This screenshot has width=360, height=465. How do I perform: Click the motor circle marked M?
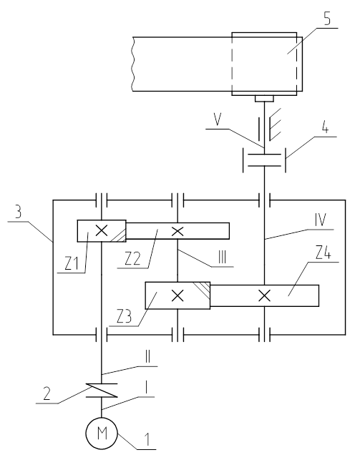102,434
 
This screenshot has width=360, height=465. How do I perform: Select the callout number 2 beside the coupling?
47,393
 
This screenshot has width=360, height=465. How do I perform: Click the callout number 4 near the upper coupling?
326,128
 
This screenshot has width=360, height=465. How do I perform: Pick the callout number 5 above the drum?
327,19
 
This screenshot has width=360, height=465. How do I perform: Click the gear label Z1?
72,264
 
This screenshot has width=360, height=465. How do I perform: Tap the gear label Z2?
132,258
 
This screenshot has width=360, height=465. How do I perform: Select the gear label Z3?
124,317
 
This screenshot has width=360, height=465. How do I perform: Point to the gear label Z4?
323,253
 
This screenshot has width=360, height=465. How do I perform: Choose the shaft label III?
222,258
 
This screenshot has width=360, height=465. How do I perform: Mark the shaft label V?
218,119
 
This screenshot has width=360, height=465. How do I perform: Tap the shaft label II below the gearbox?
147,358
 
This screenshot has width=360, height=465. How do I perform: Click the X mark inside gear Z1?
102,230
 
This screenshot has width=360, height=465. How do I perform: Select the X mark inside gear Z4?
264,295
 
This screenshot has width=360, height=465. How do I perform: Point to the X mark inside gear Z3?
177,295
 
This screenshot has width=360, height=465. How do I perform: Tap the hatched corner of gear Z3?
203,289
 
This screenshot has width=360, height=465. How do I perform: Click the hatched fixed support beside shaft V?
275,124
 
